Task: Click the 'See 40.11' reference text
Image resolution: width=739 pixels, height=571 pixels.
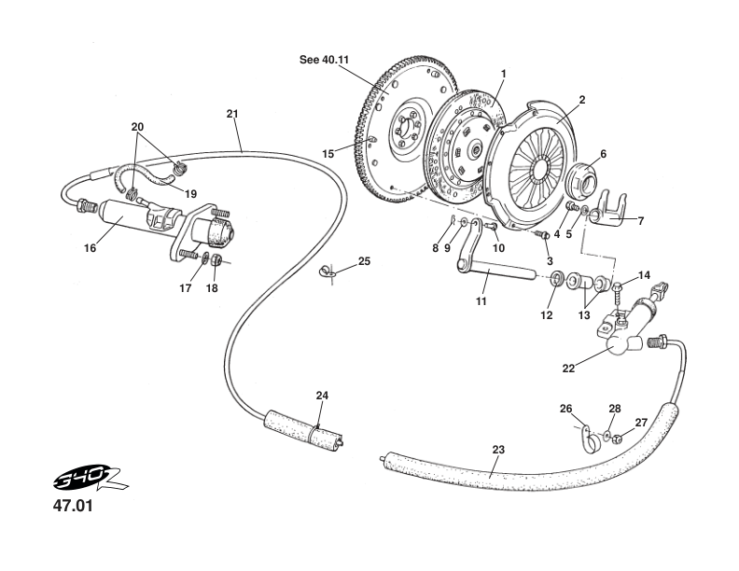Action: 324,59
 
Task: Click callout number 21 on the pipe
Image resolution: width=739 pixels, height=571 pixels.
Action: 232,114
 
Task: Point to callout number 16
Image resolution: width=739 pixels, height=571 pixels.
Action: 91,249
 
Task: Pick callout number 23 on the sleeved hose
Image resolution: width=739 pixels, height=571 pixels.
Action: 498,450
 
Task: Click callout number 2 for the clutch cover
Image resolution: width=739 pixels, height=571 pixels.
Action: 582,99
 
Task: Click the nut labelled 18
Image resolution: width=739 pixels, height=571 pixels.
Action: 214,260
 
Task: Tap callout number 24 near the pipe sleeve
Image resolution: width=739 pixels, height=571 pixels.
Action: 322,396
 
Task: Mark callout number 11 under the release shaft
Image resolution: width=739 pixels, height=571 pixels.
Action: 481,301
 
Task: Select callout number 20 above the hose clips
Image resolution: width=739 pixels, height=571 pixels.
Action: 137,126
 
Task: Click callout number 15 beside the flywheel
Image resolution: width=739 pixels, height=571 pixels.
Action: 328,153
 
